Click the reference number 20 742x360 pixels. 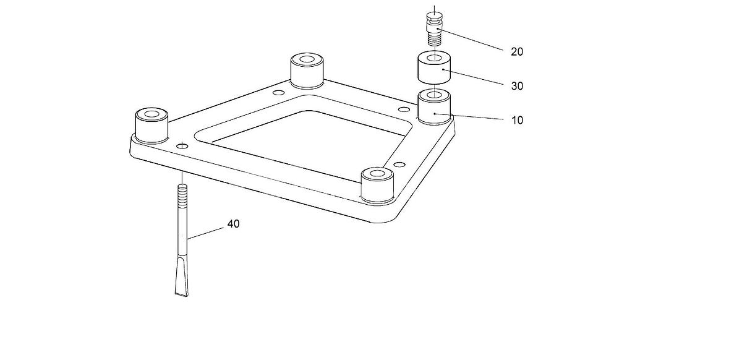coord(517,52)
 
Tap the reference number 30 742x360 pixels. coord(517,86)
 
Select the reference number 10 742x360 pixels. coord(518,120)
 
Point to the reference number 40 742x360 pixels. coord(233,224)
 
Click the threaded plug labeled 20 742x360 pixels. coord(434,29)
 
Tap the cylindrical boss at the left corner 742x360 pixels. coord(151,126)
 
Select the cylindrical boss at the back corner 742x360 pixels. coord(307,71)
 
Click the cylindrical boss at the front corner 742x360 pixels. coord(377,185)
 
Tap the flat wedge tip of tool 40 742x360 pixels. coord(182,278)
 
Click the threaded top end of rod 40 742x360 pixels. coord(182,192)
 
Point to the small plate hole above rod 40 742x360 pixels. coord(182,145)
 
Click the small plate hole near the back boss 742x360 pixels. coord(278,92)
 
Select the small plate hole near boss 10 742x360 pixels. coord(403,109)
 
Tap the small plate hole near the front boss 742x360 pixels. coord(399,165)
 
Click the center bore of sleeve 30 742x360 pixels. coord(434,58)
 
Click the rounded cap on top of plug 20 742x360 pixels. coord(434,15)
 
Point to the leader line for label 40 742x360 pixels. coord(205,233)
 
